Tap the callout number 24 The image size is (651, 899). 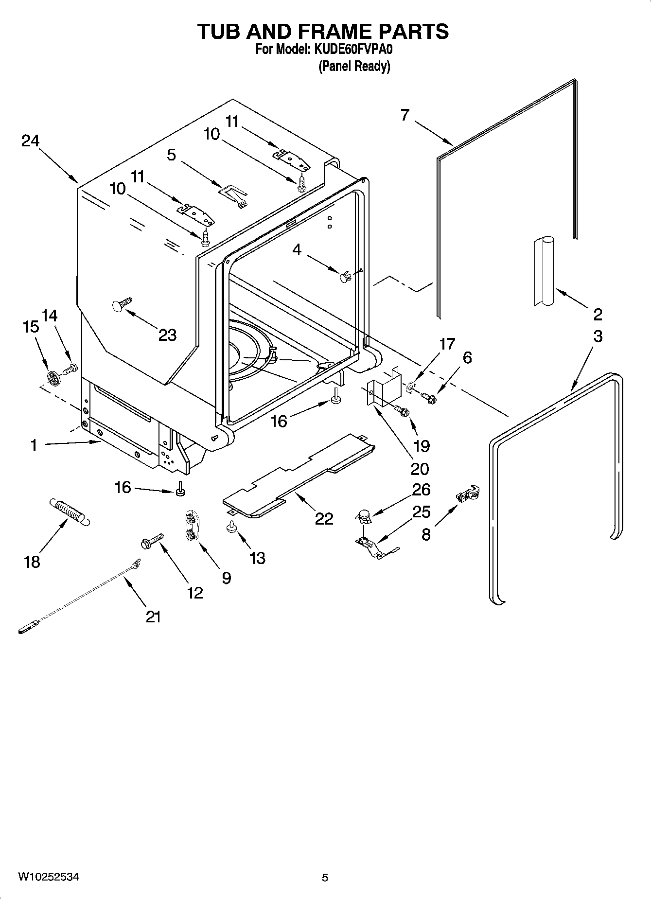click(x=30, y=141)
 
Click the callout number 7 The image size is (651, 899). click(x=405, y=115)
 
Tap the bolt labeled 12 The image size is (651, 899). click(x=152, y=540)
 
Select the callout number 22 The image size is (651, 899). click(x=324, y=519)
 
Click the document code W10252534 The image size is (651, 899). click(x=48, y=877)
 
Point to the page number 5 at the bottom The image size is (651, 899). click(x=325, y=878)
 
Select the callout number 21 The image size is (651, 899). click(x=153, y=617)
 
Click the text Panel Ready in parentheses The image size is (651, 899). click(x=354, y=66)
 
